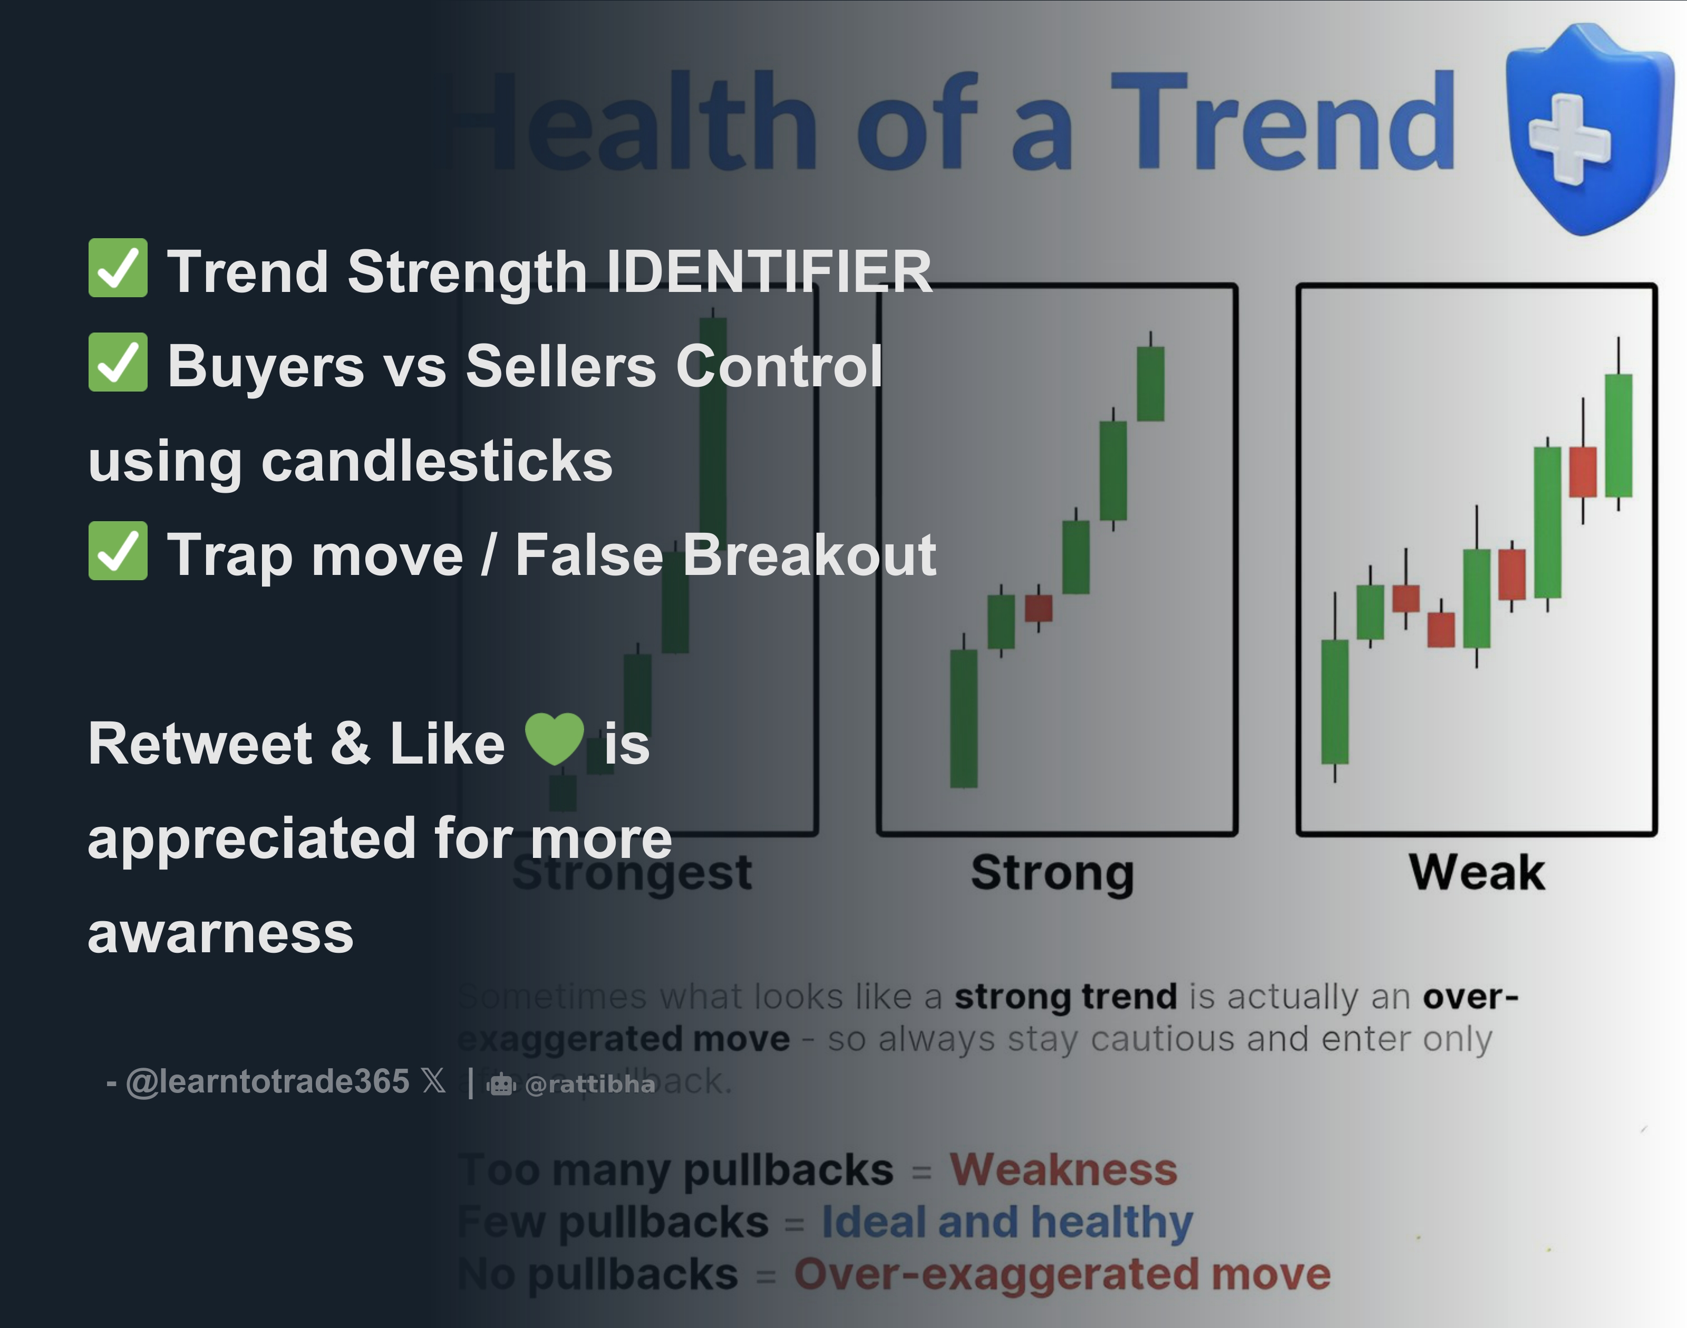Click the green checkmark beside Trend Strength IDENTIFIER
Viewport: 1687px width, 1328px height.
(118, 268)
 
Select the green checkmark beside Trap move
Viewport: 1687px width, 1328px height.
(118, 551)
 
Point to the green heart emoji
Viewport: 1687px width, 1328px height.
(554, 739)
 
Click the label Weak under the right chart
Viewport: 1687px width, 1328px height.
(1476, 872)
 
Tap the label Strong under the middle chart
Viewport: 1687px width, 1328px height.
(1052, 872)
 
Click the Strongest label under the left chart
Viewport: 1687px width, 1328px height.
(632, 872)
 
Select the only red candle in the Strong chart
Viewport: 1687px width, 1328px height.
(1039, 608)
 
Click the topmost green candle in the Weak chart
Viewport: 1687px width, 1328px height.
(1618, 435)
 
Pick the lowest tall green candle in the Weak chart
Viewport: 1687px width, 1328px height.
(1335, 701)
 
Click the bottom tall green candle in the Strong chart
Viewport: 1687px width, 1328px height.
(964, 718)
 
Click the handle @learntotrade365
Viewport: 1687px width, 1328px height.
(267, 1081)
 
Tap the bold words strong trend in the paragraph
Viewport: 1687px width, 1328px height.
(1065, 996)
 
